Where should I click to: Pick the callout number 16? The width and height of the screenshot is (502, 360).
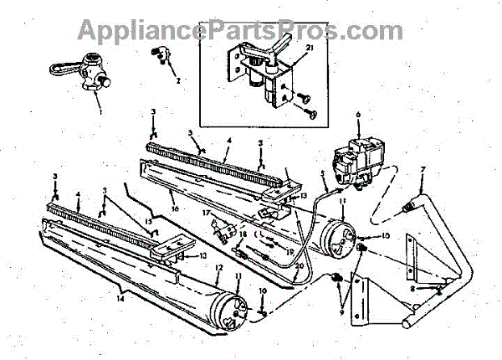(173, 202)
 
